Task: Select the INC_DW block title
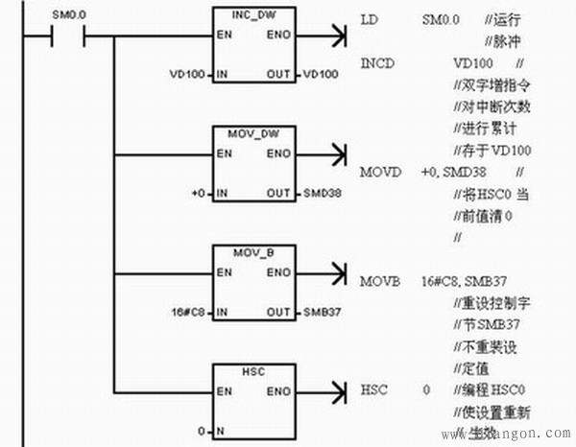(255, 18)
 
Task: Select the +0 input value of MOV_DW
(198, 194)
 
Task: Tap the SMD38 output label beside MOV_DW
(322, 194)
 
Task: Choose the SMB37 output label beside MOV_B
(322, 313)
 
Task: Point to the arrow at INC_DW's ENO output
(337, 37)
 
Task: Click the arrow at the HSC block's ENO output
(337, 391)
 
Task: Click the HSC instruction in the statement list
(373, 390)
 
